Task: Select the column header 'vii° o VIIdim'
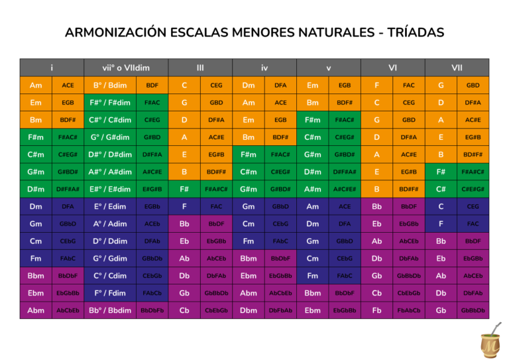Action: click(126, 68)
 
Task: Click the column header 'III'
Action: click(200, 68)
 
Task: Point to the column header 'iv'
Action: click(264, 68)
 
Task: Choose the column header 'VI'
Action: click(393, 68)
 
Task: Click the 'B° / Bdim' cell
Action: click(110, 85)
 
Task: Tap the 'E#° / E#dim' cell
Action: click(110, 189)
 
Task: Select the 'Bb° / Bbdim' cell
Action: click(110, 310)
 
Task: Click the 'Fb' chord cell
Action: click(377, 310)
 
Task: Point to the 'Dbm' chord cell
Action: click(249, 310)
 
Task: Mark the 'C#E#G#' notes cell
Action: click(473, 189)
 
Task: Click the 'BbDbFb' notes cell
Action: click(152, 310)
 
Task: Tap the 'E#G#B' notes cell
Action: click(152, 189)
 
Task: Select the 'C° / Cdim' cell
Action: click(110, 276)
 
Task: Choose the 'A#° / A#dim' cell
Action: click(110, 172)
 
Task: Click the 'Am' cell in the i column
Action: click(36, 85)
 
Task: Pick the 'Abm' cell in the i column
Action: click(36, 310)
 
